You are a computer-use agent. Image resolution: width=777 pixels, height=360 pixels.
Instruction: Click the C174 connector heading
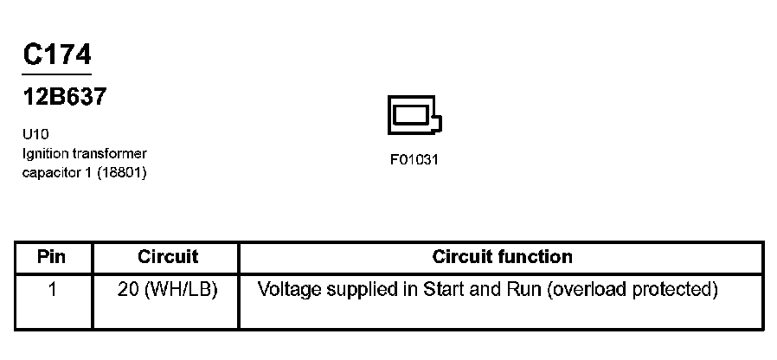point(56,55)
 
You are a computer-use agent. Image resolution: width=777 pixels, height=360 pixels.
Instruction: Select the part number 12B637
point(64,97)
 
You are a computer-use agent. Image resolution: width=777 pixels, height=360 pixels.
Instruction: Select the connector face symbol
point(414,115)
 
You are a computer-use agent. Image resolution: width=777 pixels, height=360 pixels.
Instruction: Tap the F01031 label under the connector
point(414,160)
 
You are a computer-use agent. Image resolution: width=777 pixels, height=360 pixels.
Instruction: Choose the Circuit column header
point(168,257)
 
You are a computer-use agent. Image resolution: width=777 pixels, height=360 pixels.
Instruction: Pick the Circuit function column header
point(502,257)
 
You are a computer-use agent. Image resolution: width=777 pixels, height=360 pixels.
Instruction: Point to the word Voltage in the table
point(290,289)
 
